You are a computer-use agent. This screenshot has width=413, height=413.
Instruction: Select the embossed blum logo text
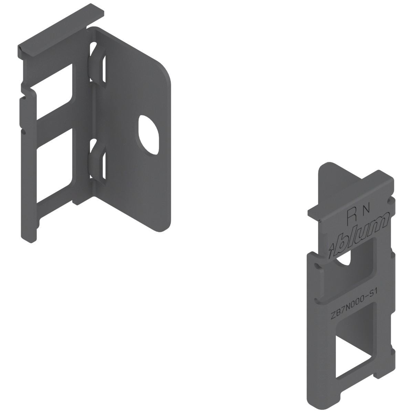tap(363, 234)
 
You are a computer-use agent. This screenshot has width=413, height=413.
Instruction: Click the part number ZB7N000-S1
tap(353, 305)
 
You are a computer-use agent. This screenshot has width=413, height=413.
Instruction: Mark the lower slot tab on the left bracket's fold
tap(97, 160)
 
